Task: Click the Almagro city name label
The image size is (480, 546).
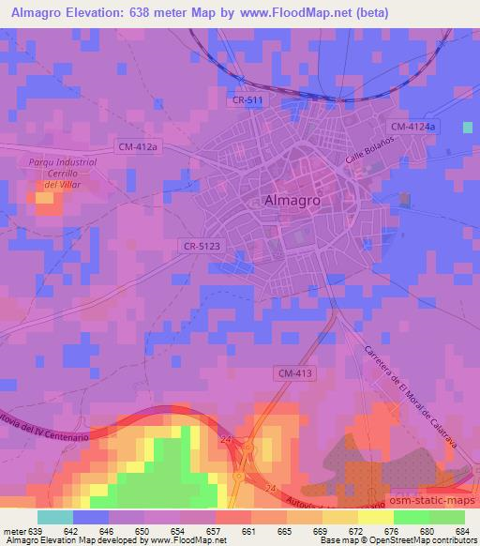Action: pos(293,200)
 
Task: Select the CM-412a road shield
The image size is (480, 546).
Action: pos(140,145)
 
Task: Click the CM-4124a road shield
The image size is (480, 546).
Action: pos(412,126)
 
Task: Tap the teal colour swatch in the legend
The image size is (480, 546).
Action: pos(55,517)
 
